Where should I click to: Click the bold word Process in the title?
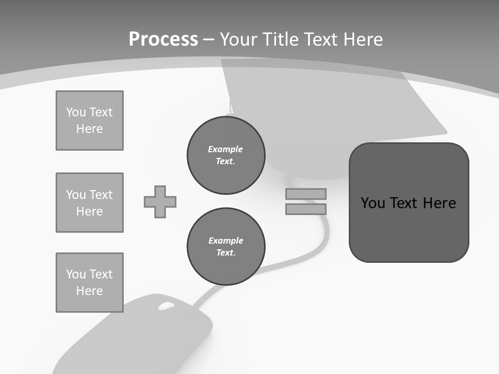(x=163, y=39)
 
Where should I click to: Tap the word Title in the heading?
(x=280, y=39)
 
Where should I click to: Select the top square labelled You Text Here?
(x=89, y=121)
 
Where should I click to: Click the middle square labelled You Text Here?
(x=89, y=203)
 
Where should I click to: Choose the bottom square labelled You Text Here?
(x=89, y=283)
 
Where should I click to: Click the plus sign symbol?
(x=160, y=202)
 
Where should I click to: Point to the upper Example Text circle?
(x=226, y=155)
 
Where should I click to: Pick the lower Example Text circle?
(x=226, y=247)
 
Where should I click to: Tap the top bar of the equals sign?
(x=306, y=194)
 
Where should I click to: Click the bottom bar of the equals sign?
(x=306, y=209)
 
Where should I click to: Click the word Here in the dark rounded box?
(x=439, y=203)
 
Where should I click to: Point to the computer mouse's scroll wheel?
(x=166, y=306)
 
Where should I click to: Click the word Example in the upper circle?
(x=226, y=149)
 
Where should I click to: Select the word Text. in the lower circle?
(x=226, y=253)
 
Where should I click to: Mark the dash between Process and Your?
(x=208, y=39)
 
